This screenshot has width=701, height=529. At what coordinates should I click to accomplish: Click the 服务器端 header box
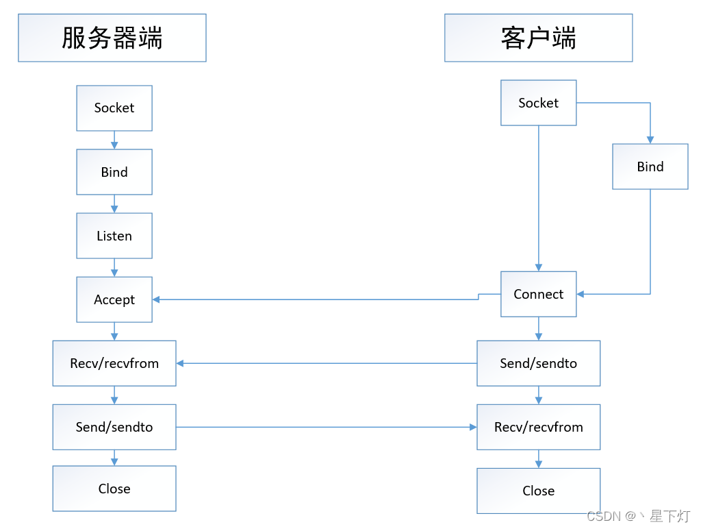coord(112,38)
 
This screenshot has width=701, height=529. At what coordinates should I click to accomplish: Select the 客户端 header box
coord(538,38)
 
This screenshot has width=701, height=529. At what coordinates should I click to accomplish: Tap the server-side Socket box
coord(114,108)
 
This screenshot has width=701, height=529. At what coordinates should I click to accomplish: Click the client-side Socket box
coord(538,103)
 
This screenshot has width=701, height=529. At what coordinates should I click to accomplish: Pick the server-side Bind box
coord(114,172)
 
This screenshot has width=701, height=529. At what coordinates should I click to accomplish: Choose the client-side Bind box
coord(650,167)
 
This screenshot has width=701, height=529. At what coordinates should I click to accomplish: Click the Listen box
coord(114,236)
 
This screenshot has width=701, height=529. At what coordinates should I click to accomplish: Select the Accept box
coord(114,299)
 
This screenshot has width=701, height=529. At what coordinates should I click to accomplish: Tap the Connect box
coord(538,294)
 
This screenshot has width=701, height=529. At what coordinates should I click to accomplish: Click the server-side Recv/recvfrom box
coord(114,363)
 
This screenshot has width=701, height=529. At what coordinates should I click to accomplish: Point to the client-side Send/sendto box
coord(538,363)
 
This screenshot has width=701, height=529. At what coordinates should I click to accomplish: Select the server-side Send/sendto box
coord(114,427)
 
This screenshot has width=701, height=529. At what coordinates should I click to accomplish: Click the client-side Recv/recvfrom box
coord(538,427)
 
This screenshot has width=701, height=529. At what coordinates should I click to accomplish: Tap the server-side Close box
coord(114,489)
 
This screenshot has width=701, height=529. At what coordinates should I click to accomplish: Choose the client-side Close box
coord(538,491)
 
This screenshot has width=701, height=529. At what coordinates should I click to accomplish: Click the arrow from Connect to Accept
coord(315,299)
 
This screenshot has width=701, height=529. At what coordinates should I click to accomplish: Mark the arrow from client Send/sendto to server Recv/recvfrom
coord(327,363)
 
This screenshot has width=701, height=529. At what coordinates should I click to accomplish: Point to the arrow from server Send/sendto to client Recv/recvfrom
coord(327,427)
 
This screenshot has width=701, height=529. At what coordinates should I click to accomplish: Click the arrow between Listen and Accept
coord(114,267)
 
